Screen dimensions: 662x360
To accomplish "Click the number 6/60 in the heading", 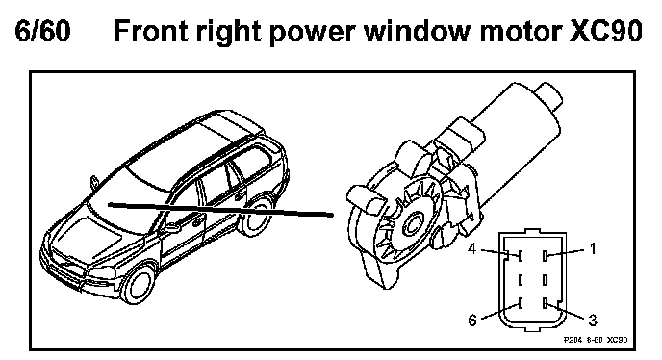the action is click(42, 31).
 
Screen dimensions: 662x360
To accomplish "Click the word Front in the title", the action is click(149, 31).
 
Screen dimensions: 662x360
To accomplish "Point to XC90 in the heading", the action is click(606, 31).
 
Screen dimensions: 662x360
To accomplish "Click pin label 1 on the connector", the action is click(593, 249).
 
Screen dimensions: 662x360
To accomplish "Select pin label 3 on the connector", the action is click(593, 321).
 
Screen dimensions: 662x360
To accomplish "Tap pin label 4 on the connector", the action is click(472, 249).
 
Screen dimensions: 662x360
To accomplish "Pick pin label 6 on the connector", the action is click(472, 321).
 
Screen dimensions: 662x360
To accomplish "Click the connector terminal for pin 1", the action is click(546, 255).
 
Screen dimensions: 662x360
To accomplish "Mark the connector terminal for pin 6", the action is click(521, 303).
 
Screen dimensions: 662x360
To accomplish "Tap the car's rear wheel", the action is click(255, 219).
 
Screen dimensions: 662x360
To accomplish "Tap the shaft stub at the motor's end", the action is click(549, 96).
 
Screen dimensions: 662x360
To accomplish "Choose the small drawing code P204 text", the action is click(573, 340).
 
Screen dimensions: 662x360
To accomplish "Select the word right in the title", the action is click(227, 32).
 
